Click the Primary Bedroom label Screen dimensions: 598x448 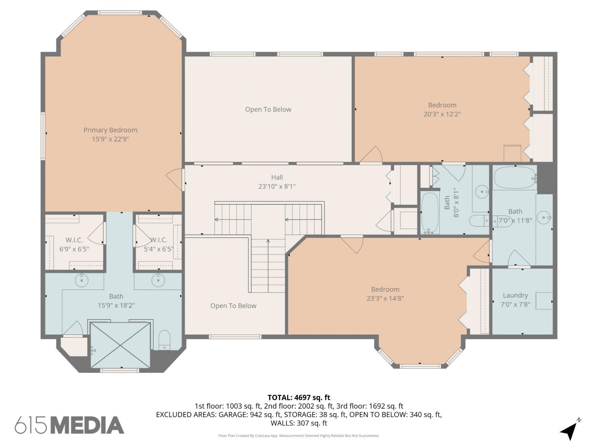point(110,130)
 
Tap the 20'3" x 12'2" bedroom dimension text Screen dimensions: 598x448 point(442,114)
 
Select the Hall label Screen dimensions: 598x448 point(277,177)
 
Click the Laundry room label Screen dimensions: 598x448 point(515,295)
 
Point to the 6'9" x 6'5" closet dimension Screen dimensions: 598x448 point(74,249)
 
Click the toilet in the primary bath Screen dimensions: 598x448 point(164,340)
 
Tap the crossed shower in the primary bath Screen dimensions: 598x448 point(120,345)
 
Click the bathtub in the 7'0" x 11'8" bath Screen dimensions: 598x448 point(515,178)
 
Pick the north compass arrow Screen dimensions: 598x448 point(569,430)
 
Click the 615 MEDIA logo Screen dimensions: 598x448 point(69,425)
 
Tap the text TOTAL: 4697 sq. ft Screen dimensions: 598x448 point(299,398)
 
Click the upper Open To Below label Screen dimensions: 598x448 point(268,110)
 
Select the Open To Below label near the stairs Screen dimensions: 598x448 point(233,306)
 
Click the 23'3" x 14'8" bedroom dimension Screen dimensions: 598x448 point(385,298)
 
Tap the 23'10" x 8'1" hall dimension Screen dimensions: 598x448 point(277,186)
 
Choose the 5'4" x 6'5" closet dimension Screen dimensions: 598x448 point(159,249)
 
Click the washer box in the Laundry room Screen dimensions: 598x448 point(544,301)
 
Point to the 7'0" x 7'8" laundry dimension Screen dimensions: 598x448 point(515,304)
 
